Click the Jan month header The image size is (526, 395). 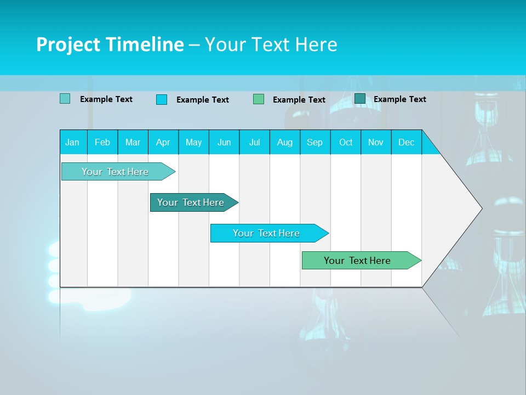point(72,142)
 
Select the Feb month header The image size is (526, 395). point(102,142)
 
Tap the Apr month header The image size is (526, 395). point(163,142)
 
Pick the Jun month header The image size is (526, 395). point(224,142)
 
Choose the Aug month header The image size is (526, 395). point(284,142)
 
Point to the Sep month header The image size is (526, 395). point(315,142)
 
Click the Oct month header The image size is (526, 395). point(346,142)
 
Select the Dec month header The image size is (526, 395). point(406,142)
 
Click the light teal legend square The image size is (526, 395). point(65,99)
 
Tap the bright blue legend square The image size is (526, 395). point(162,99)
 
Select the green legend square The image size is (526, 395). point(259,99)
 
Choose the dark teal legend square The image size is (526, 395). point(359,99)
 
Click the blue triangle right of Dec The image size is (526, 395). point(429,145)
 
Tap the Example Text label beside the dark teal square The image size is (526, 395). point(399,99)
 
